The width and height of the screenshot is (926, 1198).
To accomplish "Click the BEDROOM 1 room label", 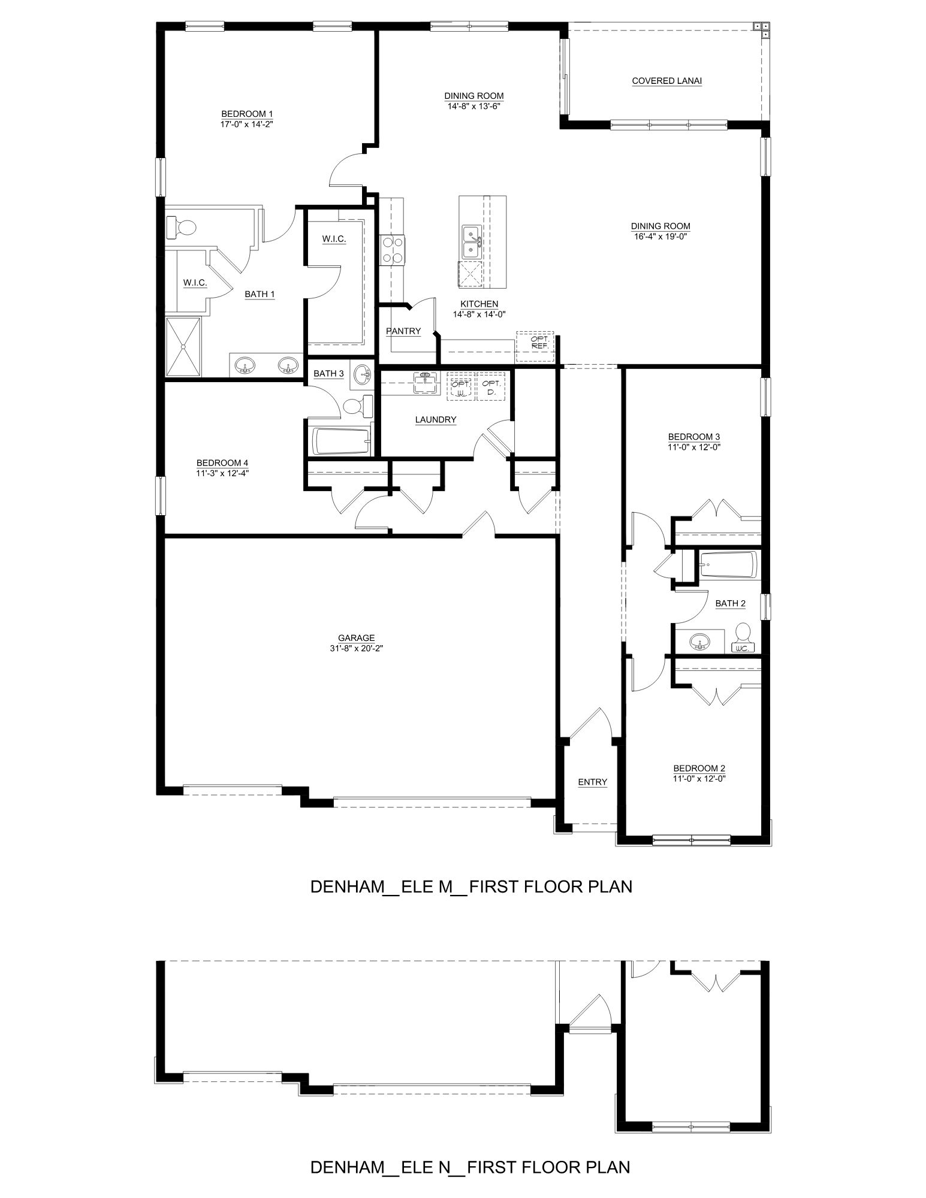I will [x=247, y=114].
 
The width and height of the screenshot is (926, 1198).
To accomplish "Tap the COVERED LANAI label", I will [x=666, y=81].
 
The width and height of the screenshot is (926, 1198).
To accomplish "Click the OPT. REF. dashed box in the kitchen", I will [x=536, y=342].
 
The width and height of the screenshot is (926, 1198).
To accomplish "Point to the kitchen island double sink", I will [x=470, y=242].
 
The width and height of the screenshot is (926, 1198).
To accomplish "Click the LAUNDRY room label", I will [x=436, y=420].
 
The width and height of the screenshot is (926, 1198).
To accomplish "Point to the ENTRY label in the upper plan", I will [x=592, y=782].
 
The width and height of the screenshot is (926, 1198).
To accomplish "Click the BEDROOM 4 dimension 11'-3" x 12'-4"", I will [x=222, y=473].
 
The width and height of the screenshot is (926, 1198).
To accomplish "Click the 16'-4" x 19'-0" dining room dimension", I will [x=660, y=236].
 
